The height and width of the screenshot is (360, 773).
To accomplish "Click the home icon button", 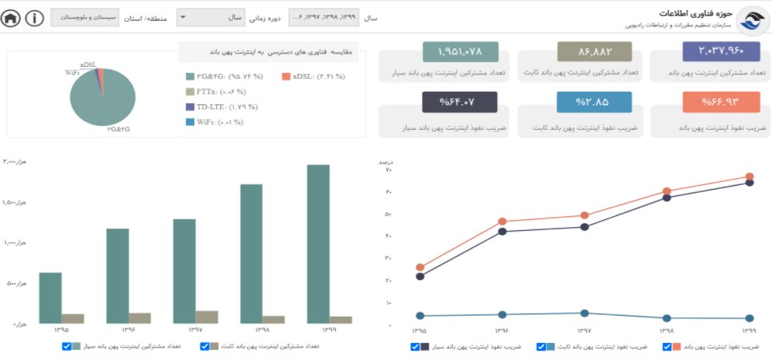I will [x=12, y=18].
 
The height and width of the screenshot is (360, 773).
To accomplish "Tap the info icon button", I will [x=34, y=18].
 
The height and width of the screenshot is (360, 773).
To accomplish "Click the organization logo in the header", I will [x=752, y=21].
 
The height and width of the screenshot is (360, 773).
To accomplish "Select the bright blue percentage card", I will [x=594, y=102].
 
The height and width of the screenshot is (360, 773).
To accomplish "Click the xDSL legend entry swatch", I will [x=286, y=76].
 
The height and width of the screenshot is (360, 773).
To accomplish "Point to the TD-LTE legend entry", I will [x=222, y=107].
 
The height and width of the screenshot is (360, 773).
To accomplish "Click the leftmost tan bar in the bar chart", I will [x=72, y=318].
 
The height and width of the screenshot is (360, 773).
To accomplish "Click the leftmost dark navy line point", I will [x=421, y=276].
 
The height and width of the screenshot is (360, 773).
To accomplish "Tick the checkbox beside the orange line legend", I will [x=666, y=347].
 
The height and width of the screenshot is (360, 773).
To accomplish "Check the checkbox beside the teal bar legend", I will [x=67, y=346].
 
